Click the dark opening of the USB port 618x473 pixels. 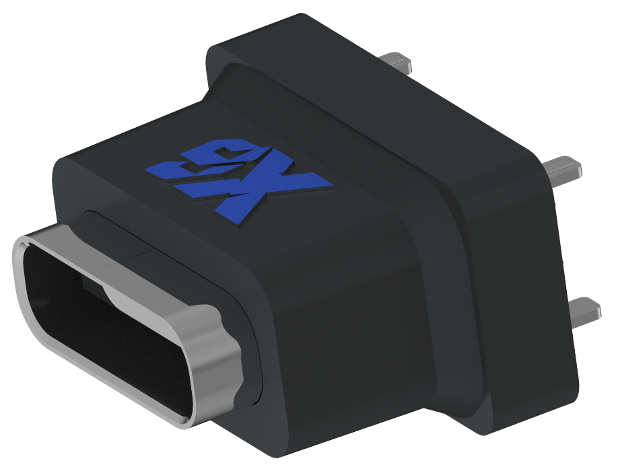click(x=101, y=316)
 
